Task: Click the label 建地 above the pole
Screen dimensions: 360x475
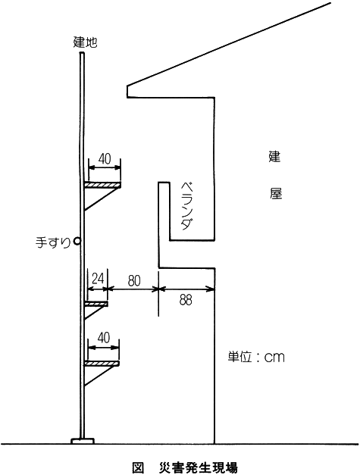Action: (85, 42)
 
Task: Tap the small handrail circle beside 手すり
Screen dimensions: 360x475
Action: (77, 241)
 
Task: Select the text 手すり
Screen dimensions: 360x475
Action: (53, 242)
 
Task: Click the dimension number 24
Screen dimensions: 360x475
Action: (98, 278)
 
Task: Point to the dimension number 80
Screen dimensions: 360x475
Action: (134, 281)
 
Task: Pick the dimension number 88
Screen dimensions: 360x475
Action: (186, 300)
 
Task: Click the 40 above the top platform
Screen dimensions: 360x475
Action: (105, 159)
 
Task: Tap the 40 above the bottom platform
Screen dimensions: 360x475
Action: (104, 337)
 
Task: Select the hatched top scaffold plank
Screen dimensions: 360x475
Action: (102, 185)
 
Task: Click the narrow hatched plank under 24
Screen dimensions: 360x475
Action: (96, 304)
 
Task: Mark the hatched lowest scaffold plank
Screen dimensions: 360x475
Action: (102, 364)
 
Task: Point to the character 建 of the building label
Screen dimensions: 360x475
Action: (275, 156)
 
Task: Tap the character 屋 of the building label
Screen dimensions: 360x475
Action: (276, 192)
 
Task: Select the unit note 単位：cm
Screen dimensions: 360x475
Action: (256, 357)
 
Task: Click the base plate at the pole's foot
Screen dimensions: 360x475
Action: (83, 441)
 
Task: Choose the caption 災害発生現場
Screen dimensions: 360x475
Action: (199, 467)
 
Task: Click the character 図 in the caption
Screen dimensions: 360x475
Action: (138, 467)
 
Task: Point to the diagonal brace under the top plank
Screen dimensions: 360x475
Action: (102, 198)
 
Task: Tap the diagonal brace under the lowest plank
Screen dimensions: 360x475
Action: (101, 376)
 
